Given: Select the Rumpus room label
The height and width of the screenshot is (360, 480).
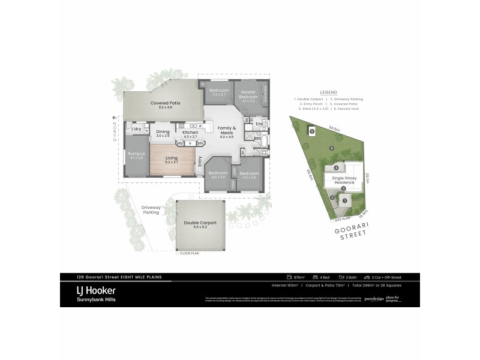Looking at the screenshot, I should coord(136,155).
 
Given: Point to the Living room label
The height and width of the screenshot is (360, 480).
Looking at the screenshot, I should coord(173,159).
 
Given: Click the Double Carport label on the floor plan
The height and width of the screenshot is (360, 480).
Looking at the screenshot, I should coord(200,224).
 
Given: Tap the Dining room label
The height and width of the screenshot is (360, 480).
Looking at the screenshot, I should coord(163,133).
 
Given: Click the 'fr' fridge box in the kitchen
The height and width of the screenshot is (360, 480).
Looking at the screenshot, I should coord(190,143).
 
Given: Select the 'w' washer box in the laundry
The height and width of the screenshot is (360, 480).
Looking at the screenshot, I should coord(146,128).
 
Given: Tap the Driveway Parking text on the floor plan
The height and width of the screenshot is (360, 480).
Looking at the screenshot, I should coord(151,209).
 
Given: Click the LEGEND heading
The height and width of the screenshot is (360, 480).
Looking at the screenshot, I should coord(329,91).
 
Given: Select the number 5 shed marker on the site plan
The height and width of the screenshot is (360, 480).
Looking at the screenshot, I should coord(311,130).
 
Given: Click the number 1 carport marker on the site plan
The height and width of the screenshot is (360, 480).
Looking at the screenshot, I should coord(344,199).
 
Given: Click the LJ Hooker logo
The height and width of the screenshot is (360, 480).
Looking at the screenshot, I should coord(90,294).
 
